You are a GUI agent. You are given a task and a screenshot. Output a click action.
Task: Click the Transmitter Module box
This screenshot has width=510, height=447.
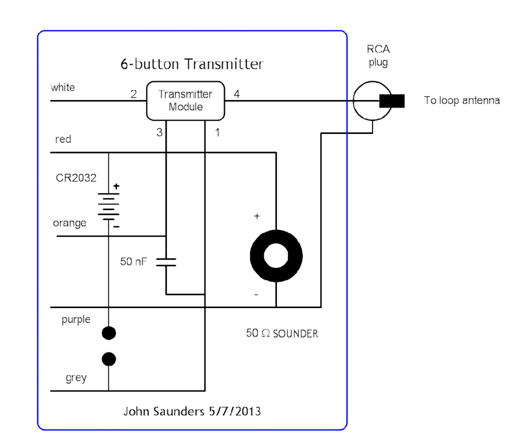[186, 101]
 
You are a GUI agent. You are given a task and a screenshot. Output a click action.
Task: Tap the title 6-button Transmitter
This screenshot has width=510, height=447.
[192, 64]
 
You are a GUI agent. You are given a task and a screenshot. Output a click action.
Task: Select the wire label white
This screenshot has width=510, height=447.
[63, 88]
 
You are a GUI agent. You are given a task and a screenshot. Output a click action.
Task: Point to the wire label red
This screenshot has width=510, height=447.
[63, 139]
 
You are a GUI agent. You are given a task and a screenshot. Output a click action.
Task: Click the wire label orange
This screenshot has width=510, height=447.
[69, 223]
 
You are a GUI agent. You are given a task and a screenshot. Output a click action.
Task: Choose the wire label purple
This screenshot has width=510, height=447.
[76, 320]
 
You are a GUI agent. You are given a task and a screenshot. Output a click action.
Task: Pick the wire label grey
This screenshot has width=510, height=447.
[76, 378]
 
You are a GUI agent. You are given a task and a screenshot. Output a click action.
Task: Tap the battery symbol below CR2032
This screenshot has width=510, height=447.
[109, 207]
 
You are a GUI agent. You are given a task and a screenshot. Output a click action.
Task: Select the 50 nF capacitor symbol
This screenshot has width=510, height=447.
[166, 261]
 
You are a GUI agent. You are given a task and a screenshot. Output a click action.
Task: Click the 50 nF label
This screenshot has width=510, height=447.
[134, 261]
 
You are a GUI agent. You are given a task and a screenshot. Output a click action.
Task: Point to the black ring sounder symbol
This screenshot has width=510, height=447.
[276, 256]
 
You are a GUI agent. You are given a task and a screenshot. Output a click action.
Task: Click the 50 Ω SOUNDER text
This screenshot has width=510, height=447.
[282, 333]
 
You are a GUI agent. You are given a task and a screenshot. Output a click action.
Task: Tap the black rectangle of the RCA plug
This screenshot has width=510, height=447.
[391, 101]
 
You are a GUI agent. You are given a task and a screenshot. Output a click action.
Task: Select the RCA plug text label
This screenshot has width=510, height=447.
[378, 57]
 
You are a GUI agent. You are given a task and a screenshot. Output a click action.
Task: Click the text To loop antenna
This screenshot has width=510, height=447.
[462, 101]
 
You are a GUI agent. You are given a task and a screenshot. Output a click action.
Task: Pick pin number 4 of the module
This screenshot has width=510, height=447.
[237, 94]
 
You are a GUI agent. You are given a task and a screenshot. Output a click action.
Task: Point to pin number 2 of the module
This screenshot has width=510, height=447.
[134, 94]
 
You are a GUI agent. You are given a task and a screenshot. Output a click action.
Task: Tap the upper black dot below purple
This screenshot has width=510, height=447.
[109, 332]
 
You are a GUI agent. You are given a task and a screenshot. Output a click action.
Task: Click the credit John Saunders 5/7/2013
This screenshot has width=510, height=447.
[192, 411]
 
